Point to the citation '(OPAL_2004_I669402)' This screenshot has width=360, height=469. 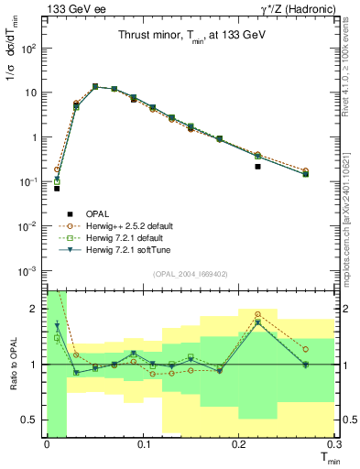click(190, 272)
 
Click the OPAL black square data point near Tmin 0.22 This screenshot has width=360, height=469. click(258, 167)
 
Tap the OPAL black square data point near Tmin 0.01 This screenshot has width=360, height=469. click(57, 188)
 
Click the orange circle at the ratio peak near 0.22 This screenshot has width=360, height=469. click(258, 314)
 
